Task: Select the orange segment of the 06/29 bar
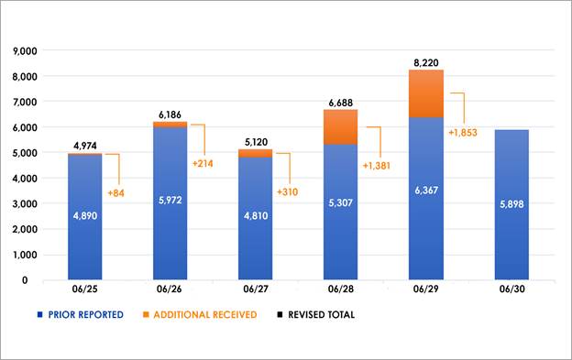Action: click(x=426, y=93)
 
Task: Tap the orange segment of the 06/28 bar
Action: click(x=341, y=126)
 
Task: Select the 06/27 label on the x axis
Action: click(x=256, y=289)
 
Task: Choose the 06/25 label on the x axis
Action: click(x=85, y=289)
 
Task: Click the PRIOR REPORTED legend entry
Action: click(x=83, y=315)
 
